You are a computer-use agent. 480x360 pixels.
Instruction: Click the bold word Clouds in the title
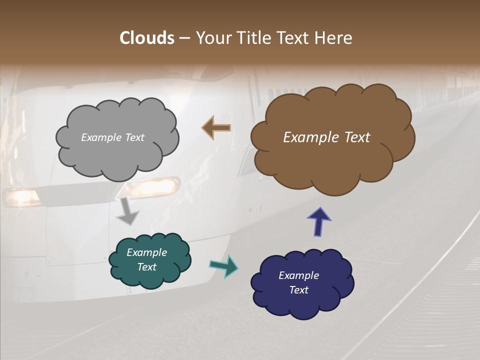(146, 38)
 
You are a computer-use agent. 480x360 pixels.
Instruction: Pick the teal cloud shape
(150, 260)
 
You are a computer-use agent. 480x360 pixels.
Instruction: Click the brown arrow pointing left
(216, 127)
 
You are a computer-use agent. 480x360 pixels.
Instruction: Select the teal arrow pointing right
(224, 266)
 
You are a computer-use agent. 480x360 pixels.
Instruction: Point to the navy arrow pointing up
(319, 221)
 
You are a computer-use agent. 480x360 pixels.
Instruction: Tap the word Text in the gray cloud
(134, 137)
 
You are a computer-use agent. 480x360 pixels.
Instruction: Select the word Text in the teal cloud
(147, 267)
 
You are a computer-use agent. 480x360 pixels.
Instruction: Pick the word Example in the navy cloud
(298, 275)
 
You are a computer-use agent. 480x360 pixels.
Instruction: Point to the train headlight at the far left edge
(21, 197)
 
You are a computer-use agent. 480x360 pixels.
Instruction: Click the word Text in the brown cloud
(356, 137)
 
